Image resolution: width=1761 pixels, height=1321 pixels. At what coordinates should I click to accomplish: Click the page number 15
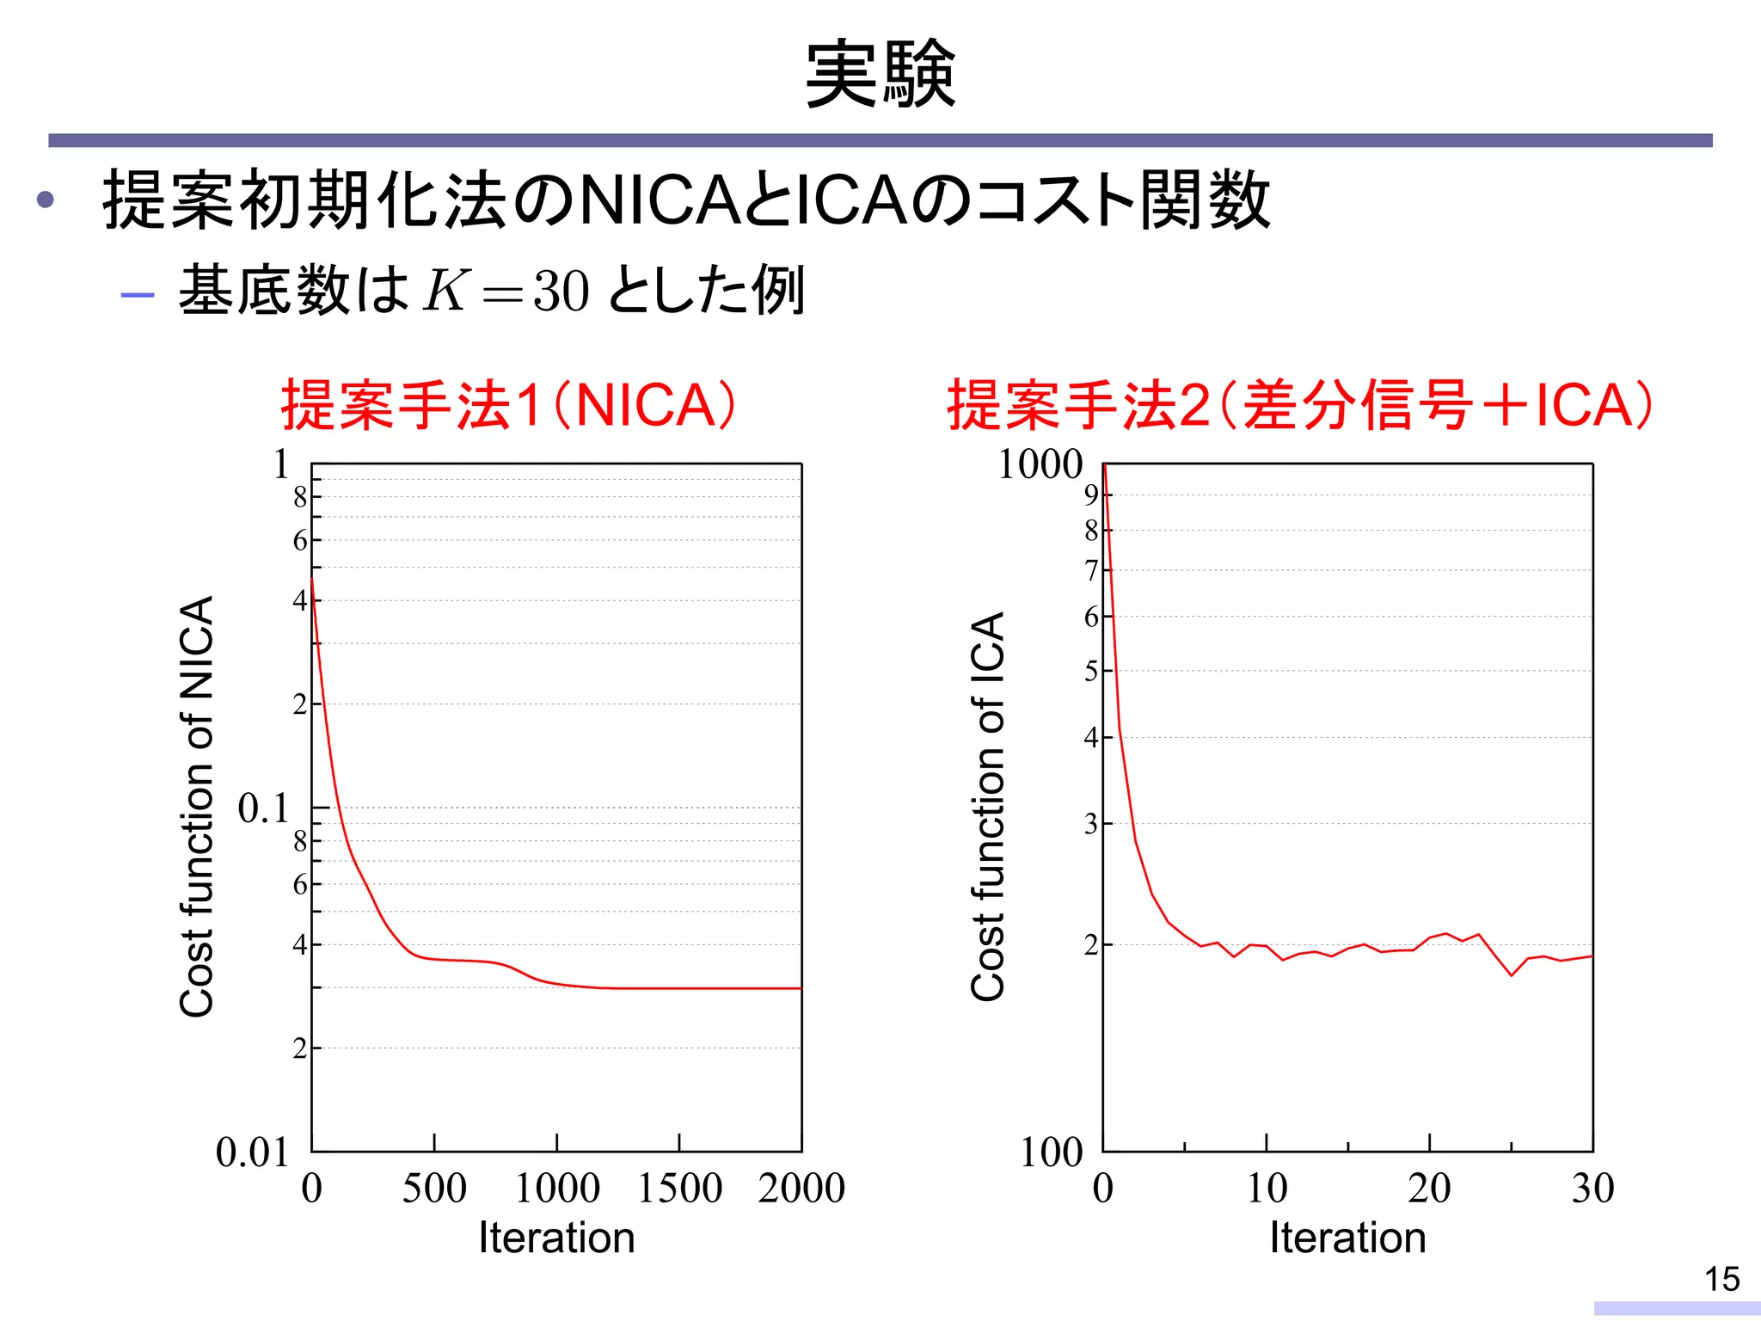click(x=1721, y=1279)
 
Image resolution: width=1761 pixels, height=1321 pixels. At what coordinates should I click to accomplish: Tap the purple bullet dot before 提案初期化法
click(x=46, y=200)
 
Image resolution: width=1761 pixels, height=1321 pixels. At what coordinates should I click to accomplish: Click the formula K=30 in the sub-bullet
click(x=506, y=291)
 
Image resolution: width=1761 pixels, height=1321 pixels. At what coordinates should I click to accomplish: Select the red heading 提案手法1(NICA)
click(x=509, y=404)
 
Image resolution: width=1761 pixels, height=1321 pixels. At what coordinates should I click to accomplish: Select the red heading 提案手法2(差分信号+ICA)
click(x=1299, y=404)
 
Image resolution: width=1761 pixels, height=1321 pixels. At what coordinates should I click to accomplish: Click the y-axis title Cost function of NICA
click(x=197, y=806)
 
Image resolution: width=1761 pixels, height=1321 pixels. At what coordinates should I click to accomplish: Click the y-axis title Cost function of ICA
click(x=988, y=806)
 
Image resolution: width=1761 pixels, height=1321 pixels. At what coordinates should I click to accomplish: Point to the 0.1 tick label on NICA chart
click(x=263, y=808)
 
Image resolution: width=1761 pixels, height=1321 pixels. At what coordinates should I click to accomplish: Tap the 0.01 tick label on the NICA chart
click(x=252, y=1152)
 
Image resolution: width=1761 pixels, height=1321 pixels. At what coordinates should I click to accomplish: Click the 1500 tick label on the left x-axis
click(x=679, y=1188)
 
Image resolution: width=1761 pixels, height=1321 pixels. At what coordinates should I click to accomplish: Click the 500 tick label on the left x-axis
click(x=434, y=1188)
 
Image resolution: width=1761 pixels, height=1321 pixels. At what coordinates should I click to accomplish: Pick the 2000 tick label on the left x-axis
click(x=801, y=1188)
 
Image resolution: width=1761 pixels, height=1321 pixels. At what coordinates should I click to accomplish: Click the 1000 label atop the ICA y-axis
click(x=1040, y=464)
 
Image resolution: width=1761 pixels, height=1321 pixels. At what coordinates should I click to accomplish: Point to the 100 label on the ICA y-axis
click(x=1051, y=1152)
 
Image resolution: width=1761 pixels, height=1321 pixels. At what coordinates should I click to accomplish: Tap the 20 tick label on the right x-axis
click(x=1429, y=1188)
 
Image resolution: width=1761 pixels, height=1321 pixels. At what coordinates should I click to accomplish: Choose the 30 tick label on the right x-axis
click(x=1592, y=1188)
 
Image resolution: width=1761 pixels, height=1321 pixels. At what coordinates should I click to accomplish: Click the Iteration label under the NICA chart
click(x=556, y=1238)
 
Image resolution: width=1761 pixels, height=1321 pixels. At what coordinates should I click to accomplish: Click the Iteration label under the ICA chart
click(x=1347, y=1238)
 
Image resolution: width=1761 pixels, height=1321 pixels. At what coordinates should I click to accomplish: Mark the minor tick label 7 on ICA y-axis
click(x=1091, y=570)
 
